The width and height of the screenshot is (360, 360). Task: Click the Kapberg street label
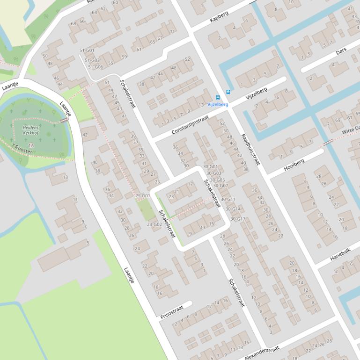pyautogui.click(x=219, y=17)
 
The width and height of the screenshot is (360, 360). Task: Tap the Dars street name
pyautogui.click(x=341, y=51)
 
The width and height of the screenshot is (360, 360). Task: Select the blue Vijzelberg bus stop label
pyautogui.click(x=218, y=104)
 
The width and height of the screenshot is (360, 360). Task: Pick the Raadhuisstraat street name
pyautogui.click(x=250, y=150)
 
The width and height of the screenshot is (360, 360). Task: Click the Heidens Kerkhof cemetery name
pyautogui.click(x=31, y=130)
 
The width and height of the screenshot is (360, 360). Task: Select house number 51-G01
pyautogui.click(x=87, y=50)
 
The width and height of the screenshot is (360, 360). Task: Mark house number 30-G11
pyautogui.click(x=228, y=199)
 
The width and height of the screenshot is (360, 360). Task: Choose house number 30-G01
pyautogui.click(x=210, y=166)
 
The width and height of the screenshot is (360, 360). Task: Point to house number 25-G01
pyautogui.click(x=142, y=195)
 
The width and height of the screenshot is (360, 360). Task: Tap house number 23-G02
pyautogui.click(x=154, y=224)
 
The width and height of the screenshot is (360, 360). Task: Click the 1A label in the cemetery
pyautogui.click(x=31, y=145)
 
